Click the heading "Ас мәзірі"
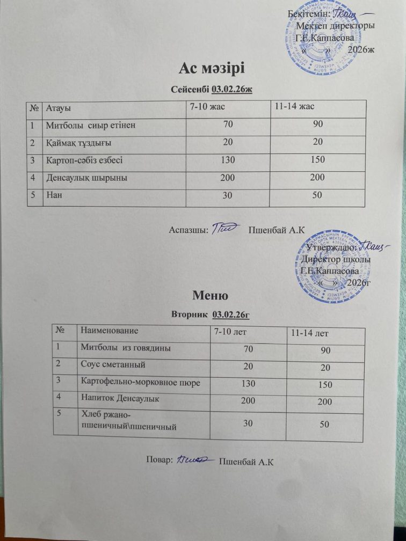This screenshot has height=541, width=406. click(x=212, y=69)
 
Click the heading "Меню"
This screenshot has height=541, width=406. click(x=212, y=295)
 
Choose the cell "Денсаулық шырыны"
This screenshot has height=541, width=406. click(x=86, y=177)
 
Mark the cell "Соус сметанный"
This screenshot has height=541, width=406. click(x=113, y=364)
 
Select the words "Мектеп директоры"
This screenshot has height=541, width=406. click(x=336, y=25)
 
